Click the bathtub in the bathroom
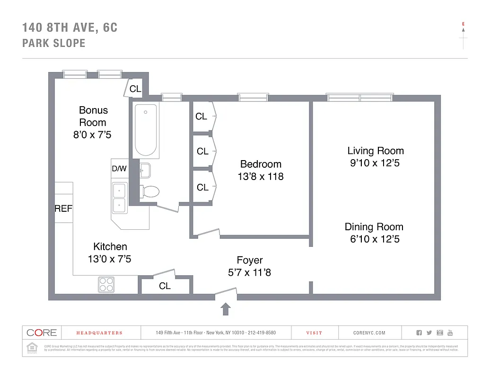pyautogui.click(x=145, y=130)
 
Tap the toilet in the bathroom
pyautogui.click(x=150, y=191)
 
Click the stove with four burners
pyautogui.click(x=106, y=284)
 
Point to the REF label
pyautogui.click(x=63, y=208)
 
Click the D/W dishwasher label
pyautogui.click(x=119, y=169)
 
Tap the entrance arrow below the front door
pyautogui.click(x=226, y=309)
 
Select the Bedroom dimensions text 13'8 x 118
pyautogui.click(x=261, y=177)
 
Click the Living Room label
pyautogui.click(x=376, y=151)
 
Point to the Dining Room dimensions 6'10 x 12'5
pyautogui.click(x=375, y=239)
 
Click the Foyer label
pyautogui.click(x=250, y=260)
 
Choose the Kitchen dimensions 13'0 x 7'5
pyautogui.click(x=110, y=259)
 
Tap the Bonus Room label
pyautogui.click(x=93, y=116)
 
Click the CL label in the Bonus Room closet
pyautogui.click(x=135, y=89)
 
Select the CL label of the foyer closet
pyautogui.click(x=165, y=286)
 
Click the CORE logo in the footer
pyautogui.click(x=42, y=333)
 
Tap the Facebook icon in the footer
pyautogui.click(x=419, y=333)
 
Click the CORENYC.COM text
pyautogui.click(x=369, y=333)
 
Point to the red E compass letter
pyautogui.click(x=463, y=24)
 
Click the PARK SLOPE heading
pyautogui.click(x=54, y=43)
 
